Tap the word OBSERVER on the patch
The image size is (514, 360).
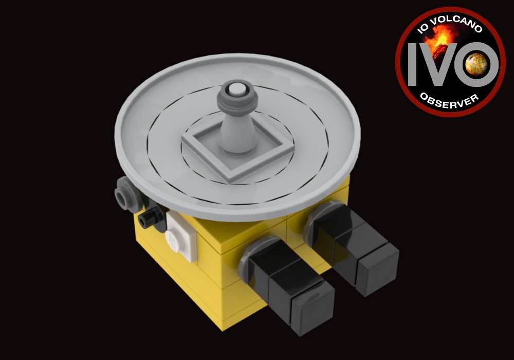(x=448, y=100)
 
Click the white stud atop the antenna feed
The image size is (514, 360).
(x=237, y=91)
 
